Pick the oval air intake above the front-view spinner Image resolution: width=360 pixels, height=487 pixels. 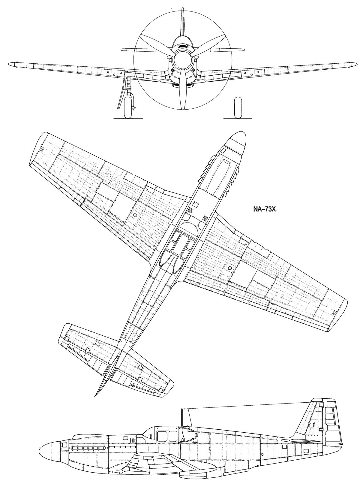[182, 47]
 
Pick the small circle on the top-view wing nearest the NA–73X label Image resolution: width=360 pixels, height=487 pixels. [230, 268]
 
